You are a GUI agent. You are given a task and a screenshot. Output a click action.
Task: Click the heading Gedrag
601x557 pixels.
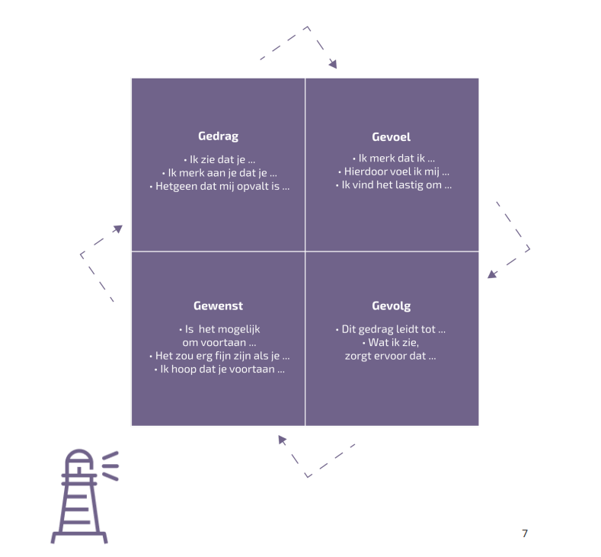pyautogui.click(x=218, y=136)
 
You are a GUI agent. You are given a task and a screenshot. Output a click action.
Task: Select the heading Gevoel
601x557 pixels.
pyautogui.click(x=392, y=137)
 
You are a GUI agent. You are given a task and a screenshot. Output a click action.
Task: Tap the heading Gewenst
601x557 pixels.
pyautogui.click(x=218, y=306)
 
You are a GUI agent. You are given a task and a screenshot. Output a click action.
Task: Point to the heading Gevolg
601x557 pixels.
pyautogui.click(x=392, y=306)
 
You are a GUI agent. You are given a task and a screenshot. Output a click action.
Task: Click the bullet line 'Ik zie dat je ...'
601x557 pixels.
pyautogui.click(x=218, y=158)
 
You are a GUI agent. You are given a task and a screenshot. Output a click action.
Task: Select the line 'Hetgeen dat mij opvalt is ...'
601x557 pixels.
pyautogui.click(x=218, y=186)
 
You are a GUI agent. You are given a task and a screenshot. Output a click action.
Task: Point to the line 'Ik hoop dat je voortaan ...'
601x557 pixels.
pyautogui.click(x=219, y=370)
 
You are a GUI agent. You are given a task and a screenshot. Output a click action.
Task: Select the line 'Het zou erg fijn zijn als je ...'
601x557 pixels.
pyautogui.click(x=219, y=356)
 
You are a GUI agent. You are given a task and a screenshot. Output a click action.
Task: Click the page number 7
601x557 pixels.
pyautogui.click(x=524, y=533)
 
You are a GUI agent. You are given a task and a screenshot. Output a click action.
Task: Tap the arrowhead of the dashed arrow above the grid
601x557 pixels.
pyautogui.click(x=333, y=64)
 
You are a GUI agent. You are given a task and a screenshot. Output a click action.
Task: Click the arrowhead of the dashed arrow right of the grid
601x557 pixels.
pyautogui.click(x=492, y=274)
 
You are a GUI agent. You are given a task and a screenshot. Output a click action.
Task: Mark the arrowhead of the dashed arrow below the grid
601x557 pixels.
pyautogui.click(x=282, y=439)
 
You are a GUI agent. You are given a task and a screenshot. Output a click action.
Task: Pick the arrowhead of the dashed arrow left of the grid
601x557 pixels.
pyautogui.click(x=117, y=228)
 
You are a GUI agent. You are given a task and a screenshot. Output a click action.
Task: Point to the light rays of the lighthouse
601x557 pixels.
pyautogui.click(x=110, y=465)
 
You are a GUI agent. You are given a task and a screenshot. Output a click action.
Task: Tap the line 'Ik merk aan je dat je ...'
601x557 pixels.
pyautogui.click(x=218, y=172)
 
